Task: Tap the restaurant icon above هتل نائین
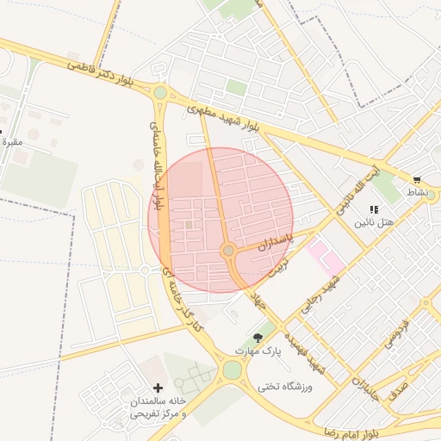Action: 373,209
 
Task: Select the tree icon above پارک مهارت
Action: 258,337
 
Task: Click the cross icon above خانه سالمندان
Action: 157,388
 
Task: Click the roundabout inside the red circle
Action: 228,251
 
